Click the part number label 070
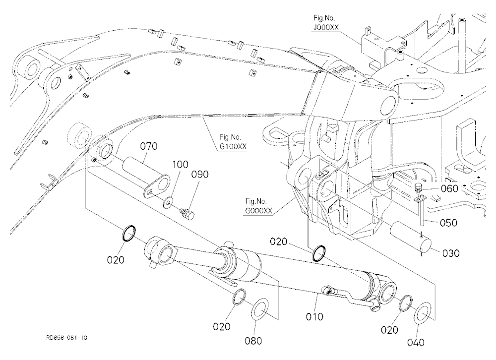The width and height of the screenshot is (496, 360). pyautogui.click(x=149, y=146)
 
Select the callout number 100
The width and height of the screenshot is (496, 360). pyautogui.click(x=181, y=165)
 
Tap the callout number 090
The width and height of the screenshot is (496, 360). pyautogui.click(x=200, y=175)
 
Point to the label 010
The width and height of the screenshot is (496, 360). pyautogui.click(x=314, y=317)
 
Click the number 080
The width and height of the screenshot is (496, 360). pyautogui.click(x=253, y=341)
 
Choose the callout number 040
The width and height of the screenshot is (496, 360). pyautogui.click(x=416, y=343)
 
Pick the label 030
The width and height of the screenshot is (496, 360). pyautogui.click(x=451, y=253)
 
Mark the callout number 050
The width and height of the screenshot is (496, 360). pyautogui.click(x=448, y=223)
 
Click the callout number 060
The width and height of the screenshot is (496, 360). pyautogui.click(x=449, y=188)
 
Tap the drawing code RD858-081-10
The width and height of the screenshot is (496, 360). pyautogui.click(x=67, y=338)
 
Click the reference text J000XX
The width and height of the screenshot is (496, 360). pyautogui.click(x=326, y=28)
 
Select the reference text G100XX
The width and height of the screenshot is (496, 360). pyautogui.click(x=234, y=147)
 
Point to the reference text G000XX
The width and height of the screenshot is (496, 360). pyautogui.click(x=258, y=211)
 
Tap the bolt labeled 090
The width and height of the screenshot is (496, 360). pyautogui.click(x=187, y=212)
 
